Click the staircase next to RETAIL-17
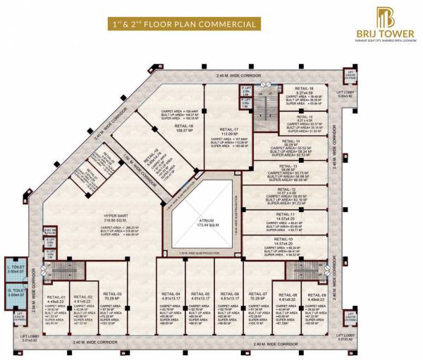[266, 106]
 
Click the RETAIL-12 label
[286, 190]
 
